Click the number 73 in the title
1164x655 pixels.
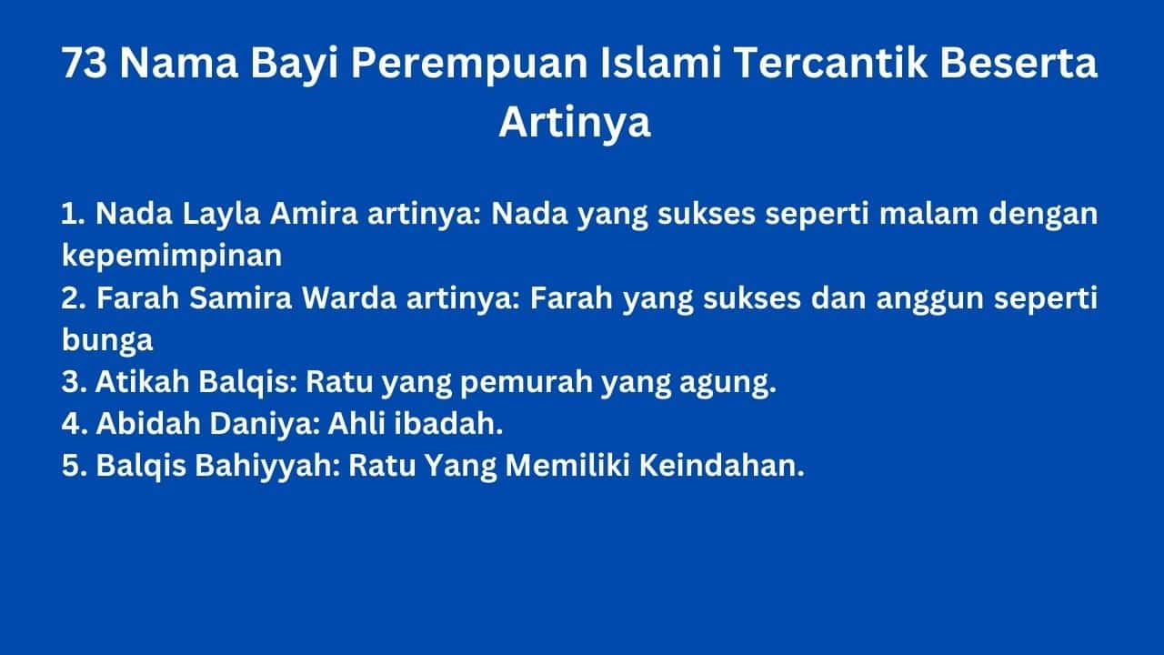pos(85,63)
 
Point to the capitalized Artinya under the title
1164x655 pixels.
pos(575,123)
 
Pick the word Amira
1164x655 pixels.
pos(314,213)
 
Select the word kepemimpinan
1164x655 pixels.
pos(172,257)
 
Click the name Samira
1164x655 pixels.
pos(241,297)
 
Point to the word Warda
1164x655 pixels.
pos(349,297)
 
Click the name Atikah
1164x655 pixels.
pos(143,381)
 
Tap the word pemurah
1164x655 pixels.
pos(526,383)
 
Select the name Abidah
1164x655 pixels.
pos(148,423)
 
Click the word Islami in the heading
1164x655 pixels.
pos(660,63)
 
